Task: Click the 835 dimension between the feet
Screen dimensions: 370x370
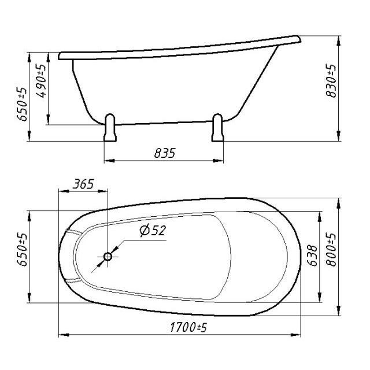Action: tap(165, 153)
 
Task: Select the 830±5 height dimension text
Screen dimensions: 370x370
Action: tap(331, 80)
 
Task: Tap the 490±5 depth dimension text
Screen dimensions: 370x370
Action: tap(41, 81)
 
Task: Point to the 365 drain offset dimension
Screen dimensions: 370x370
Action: tap(83, 184)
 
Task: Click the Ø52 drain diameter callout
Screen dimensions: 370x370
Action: tap(153, 230)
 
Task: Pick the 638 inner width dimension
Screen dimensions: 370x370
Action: tap(313, 256)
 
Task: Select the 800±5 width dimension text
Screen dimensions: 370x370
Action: tap(331, 250)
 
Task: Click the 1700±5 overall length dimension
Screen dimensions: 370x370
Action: tap(188, 327)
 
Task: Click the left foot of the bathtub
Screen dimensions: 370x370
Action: tap(110, 128)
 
